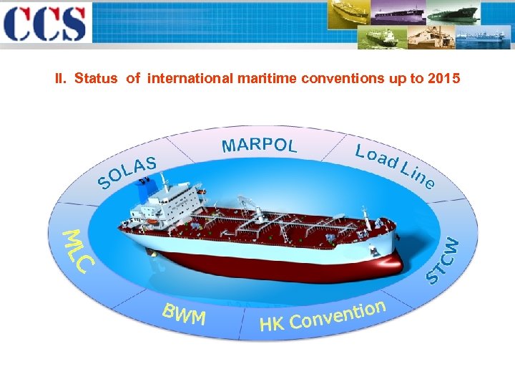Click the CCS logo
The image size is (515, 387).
44,24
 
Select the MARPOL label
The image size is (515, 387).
259,145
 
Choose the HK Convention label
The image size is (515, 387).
323,317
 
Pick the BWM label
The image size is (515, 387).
184,315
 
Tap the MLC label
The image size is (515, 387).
77,250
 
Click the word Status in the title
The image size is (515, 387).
95,78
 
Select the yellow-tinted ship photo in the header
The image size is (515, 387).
350,12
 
